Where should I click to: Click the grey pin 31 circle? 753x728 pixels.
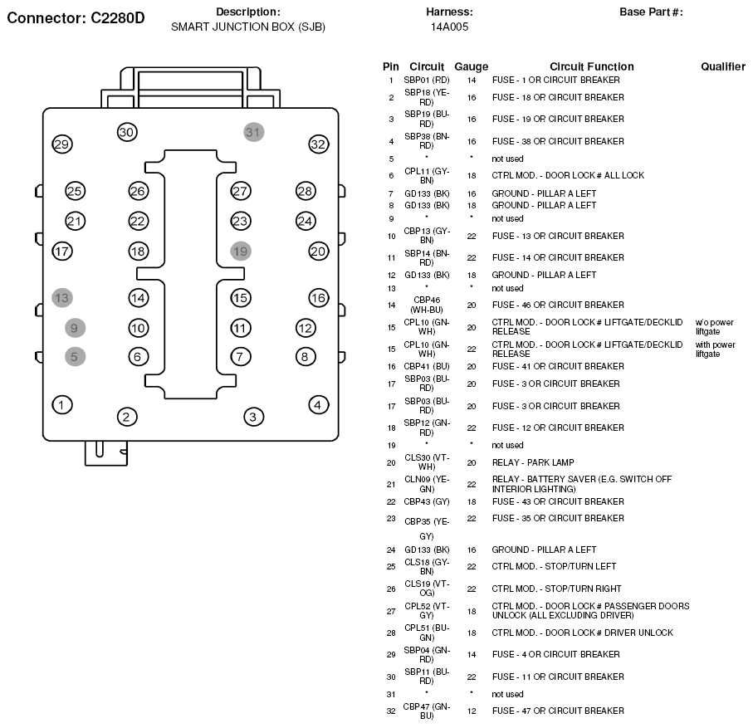click(253, 131)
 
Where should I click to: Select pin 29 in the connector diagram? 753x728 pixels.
click(61, 144)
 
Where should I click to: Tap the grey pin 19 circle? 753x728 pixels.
click(241, 251)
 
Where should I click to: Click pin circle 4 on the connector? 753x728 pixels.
click(318, 405)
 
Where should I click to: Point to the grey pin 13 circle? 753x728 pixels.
click(61, 297)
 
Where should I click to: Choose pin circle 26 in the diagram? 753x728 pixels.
click(138, 192)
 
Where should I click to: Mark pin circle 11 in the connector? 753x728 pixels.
click(241, 328)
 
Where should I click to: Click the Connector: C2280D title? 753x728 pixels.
click(76, 17)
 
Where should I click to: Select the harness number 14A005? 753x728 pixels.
click(449, 27)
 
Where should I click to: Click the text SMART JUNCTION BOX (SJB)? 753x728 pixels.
click(247, 27)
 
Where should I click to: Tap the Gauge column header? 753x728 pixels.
click(471, 66)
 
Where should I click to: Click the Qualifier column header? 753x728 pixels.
click(722, 66)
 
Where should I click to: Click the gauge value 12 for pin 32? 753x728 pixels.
click(471, 711)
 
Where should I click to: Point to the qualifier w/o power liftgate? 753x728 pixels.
click(714, 327)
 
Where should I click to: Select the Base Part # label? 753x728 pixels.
click(651, 12)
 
